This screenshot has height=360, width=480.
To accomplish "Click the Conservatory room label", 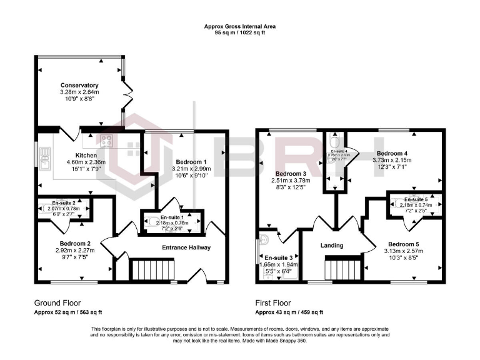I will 79,85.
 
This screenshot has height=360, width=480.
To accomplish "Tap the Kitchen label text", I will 85,154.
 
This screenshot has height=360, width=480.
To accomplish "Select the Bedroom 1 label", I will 191,161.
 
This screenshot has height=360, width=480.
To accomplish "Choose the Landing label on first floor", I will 332,245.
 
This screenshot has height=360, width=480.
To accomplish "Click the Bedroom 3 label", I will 291,174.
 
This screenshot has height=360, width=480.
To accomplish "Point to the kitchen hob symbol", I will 107,141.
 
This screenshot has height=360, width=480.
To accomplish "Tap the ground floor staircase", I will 147,271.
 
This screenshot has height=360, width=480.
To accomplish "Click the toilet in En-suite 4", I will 333,139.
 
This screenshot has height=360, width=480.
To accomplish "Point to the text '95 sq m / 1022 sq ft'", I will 240,32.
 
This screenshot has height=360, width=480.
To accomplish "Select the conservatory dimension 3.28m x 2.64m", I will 79,92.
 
